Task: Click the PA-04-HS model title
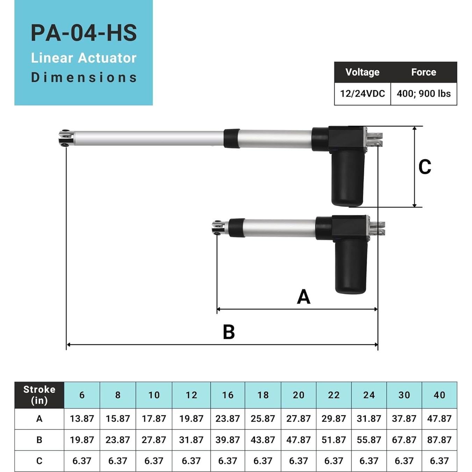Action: [x=84, y=33]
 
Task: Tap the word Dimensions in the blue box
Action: [x=84, y=77]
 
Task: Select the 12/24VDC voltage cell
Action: [x=362, y=94]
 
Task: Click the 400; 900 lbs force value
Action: [x=423, y=94]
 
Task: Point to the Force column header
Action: [x=423, y=72]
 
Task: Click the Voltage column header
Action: [x=362, y=72]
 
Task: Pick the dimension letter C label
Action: [x=424, y=167]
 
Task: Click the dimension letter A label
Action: [x=303, y=296]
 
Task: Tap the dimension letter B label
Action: [x=229, y=332]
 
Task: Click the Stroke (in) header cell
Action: [x=39, y=395]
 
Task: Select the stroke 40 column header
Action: [x=439, y=395]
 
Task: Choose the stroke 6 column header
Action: [x=82, y=395]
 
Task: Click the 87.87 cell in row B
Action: [x=439, y=439]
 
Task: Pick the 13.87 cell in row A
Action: [x=82, y=419]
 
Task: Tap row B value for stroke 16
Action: [x=227, y=439]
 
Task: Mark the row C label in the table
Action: [x=39, y=461]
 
